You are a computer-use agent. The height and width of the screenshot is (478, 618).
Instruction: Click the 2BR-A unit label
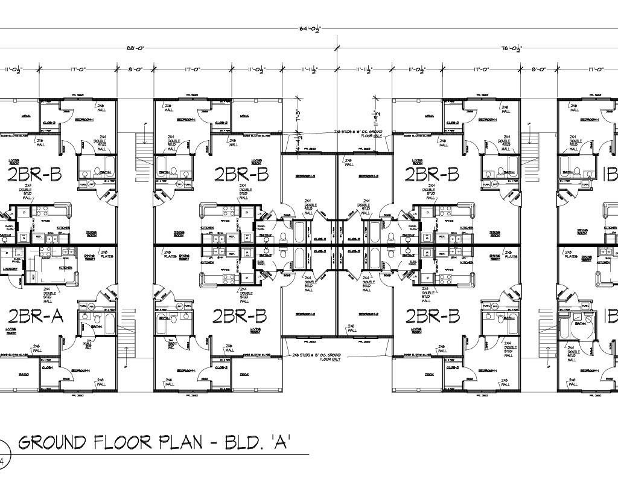[36, 316]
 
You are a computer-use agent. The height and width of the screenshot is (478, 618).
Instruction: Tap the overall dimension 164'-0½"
[308, 28]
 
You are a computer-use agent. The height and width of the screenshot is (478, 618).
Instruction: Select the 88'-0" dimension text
[135, 48]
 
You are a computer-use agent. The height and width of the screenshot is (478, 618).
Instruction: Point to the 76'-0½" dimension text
[511, 48]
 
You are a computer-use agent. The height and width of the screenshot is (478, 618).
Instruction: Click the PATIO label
[24, 374]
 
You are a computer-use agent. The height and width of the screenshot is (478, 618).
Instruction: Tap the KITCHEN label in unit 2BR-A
[65, 266]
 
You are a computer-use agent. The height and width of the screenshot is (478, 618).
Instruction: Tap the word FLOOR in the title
[123, 443]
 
